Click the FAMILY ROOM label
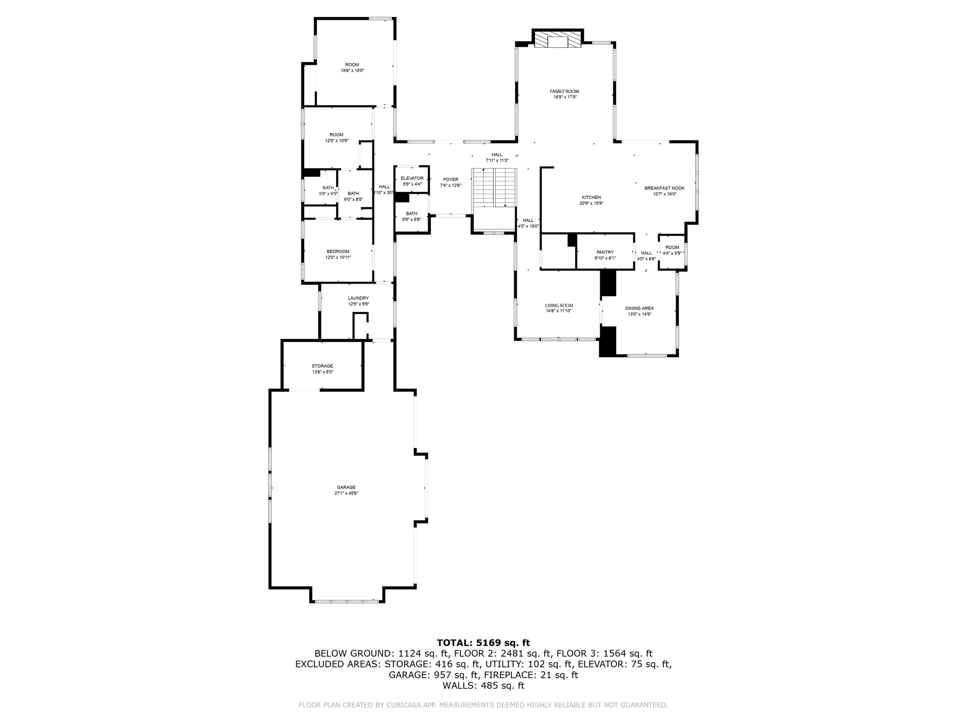[x=564, y=92]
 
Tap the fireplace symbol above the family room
[x=558, y=40]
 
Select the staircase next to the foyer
[x=494, y=187]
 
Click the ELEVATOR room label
[x=412, y=178]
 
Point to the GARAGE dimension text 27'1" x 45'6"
[x=346, y=493]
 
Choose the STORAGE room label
[x=322, y=366]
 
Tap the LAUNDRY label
[x=358, y=298]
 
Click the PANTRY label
[x=605, y=253]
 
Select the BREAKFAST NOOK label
[x=664, y=188]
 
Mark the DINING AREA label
[x=639, y=309]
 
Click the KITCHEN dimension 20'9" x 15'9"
[x=591, y=203]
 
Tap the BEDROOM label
[x=338, y=252]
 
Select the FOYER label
[x=450, y=180]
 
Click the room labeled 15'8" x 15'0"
[x=352, y=67]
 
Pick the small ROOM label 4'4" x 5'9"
[x=672, y=248]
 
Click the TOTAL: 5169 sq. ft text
[x=483, y=643]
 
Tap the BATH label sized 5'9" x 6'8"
[x=411, y=214]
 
